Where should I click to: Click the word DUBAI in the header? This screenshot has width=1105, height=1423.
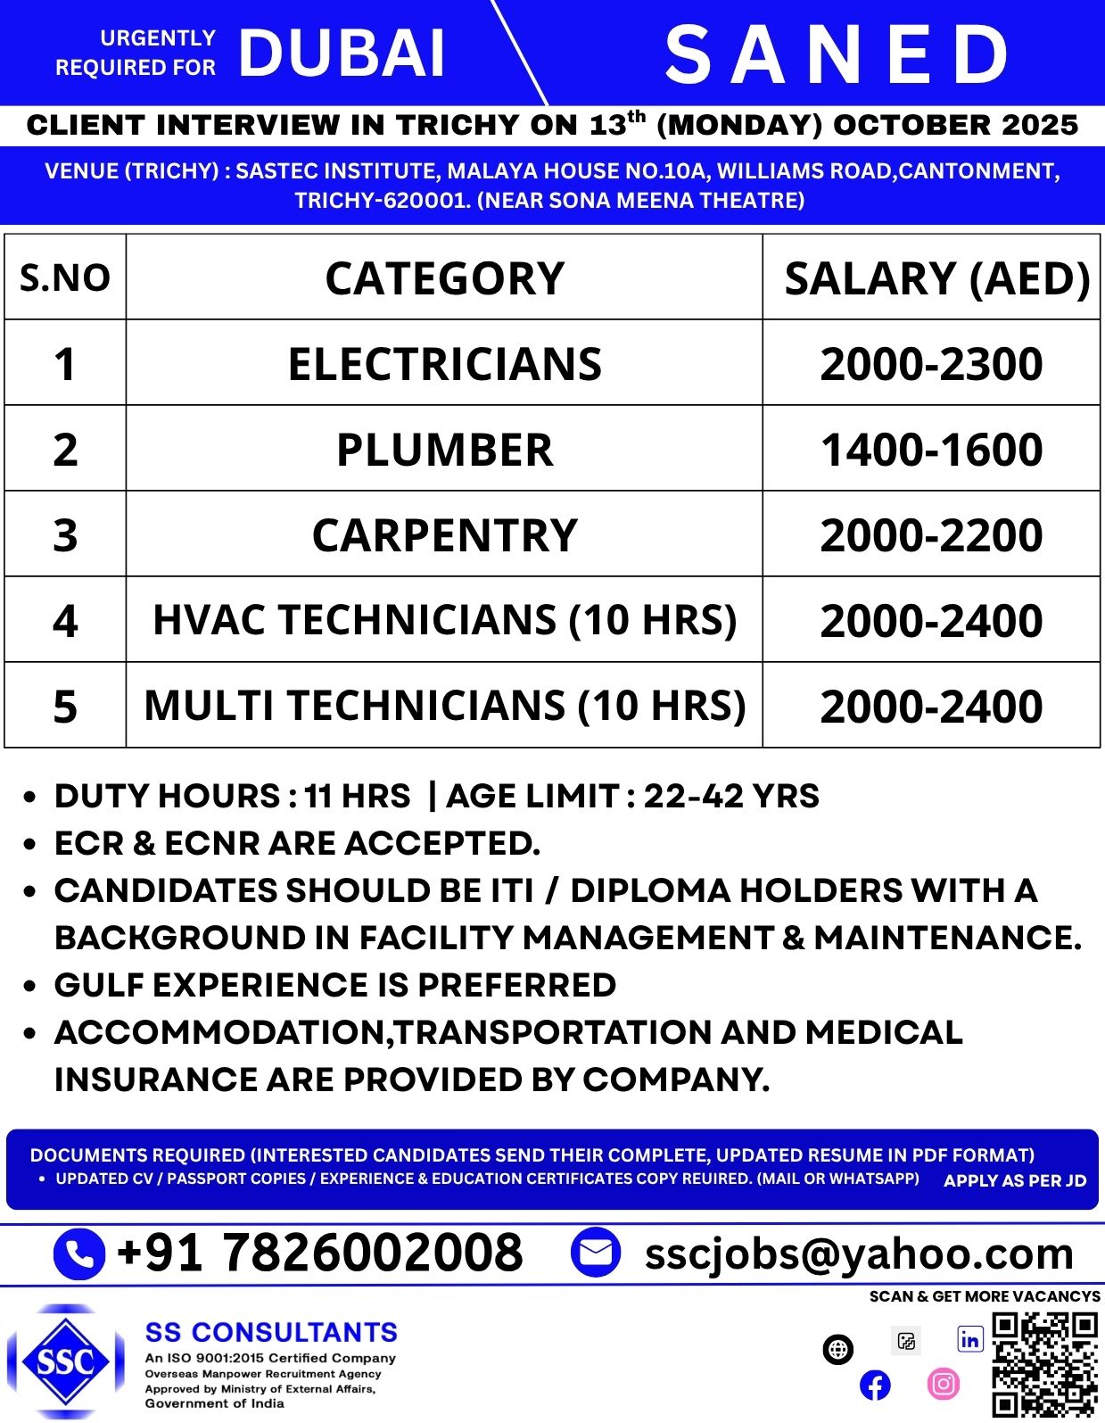pyautogui.click(x=342, y=54)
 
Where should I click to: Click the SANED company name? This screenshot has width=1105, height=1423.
pyautogui.click(x=837, y=55)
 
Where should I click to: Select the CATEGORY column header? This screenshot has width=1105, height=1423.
pyautogui.click(x=444, y=278)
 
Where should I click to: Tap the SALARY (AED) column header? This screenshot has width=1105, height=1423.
pyautogui.click(x=936, y=278)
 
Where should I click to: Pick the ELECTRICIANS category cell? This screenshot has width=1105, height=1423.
pyautogui.click(x=444, y=364)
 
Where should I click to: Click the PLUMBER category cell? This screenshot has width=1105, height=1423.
pyautogui.click(x=444, y=450)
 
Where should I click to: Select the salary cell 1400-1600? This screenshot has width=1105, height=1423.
pyautogui.click(x=931, y=450)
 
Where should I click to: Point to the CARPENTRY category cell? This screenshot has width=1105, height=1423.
pyautogui.click(x=444, y=535)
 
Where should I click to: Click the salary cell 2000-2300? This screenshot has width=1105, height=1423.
pyautogui.click(x=931, y=364)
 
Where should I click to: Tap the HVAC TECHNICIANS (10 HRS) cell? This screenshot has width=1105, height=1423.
pyautogui.click(x=444, y=620)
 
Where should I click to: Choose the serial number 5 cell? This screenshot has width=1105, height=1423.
pyautogui.click(x=65, y=707)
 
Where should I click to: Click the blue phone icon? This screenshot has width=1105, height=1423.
pyautogui.click(x=79, y=1253)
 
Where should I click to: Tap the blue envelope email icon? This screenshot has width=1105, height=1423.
pyautogui.click(x=595, y=1253)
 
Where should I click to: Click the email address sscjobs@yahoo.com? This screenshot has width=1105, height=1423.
pyautogui.click(x=859, y=1253)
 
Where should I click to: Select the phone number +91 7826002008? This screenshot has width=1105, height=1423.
pyautogui.click(x=319, y=1252)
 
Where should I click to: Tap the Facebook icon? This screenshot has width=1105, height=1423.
pyautogui.click(x=875, y=1385)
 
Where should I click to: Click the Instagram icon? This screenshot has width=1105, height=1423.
pyautogui.click(x=944, y=1384)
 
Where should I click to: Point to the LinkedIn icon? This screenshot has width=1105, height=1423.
pyautogui.click(x=969, y=1340)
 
